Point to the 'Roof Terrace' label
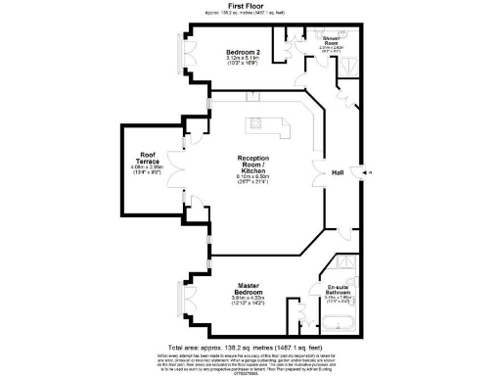[x=149, y=157]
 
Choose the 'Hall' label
[x=338, y=173]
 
